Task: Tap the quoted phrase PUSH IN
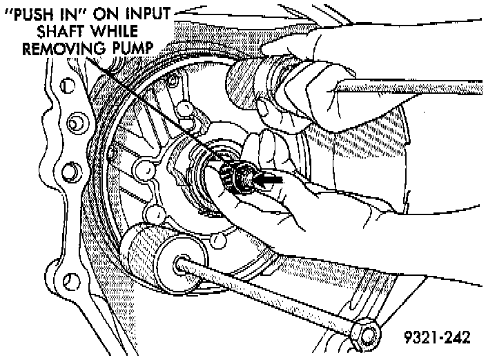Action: coord(50,12)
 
